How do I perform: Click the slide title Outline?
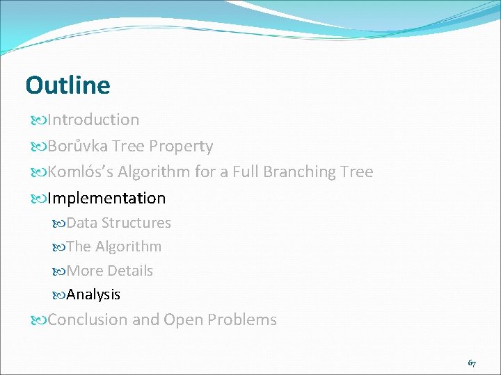click(x=67, y=85)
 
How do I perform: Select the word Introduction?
click(x=93, y=120)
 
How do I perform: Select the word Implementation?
click(x=106, y=199)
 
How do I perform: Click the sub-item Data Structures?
click(x=118, y=223)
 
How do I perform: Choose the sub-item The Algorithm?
click(x=114, y=247)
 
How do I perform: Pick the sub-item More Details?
click(x=110, y=271)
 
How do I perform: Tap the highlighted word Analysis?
click(x=93, y=295)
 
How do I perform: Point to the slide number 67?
click(x=472, y=363)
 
